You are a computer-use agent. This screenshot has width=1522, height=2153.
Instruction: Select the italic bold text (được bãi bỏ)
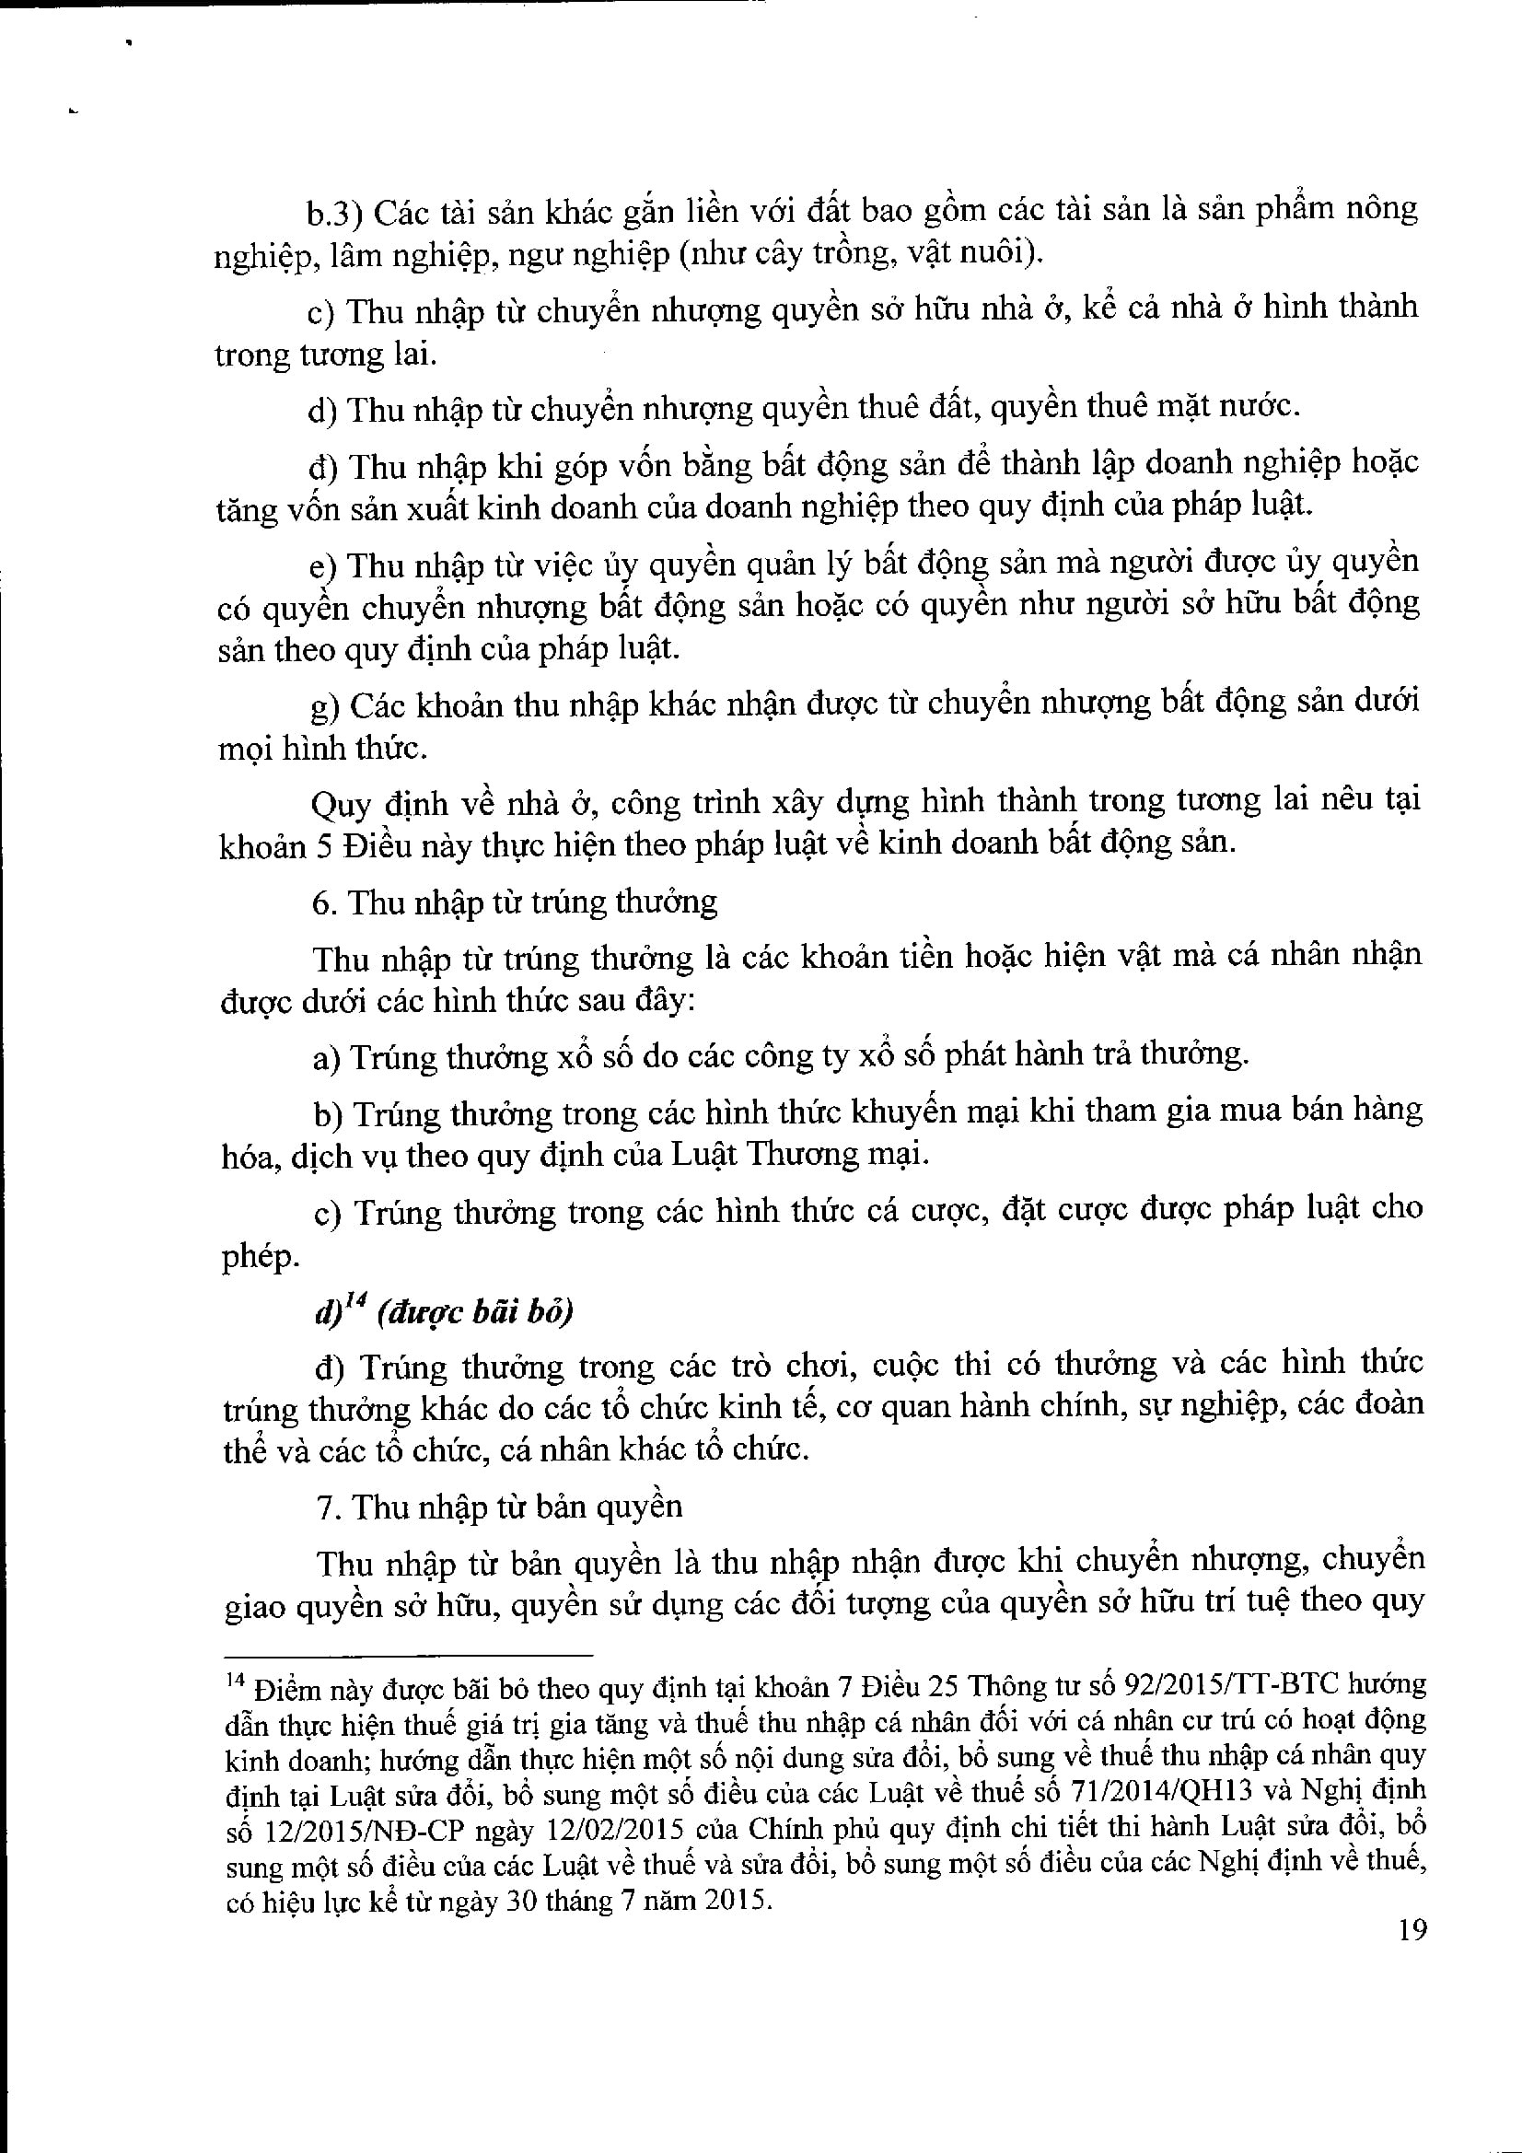pos(475,1312)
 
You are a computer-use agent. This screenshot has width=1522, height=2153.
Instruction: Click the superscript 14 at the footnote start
pos(235,1681)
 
